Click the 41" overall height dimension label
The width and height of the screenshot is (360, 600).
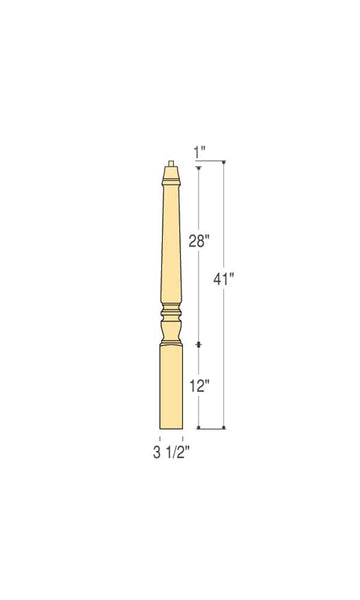point(222,279)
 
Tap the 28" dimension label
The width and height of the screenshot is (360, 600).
point(198,241)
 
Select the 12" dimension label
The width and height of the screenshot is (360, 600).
point(198,386)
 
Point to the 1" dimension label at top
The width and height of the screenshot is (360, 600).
point(200,152)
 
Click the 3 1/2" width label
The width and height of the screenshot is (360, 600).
point(171,452)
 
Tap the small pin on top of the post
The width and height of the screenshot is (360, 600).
point(171,163)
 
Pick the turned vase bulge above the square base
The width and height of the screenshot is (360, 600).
point(171,327)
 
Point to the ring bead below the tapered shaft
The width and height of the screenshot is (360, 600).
point(171,302)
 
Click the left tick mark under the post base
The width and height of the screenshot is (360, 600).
point(158,437)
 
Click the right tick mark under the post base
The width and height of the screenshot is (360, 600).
point(184,437)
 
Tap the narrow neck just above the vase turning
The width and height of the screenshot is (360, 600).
point(171,310)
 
